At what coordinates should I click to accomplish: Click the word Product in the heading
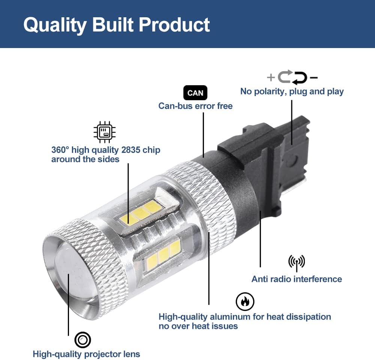tap(174, 24)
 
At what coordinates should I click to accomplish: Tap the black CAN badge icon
tap(195, 93)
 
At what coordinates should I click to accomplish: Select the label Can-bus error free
tap(195, 106)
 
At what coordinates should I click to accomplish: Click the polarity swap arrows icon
tap(292, 77)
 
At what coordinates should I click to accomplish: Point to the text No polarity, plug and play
tap(292, 92)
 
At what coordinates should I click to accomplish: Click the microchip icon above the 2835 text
tap(105, 132)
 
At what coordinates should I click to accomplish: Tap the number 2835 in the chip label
tap(131, 150)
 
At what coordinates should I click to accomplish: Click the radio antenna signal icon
tap(297, 263)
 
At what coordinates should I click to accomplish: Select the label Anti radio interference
tap(297, 279)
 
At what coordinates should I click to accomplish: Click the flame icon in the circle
tap(245, 301)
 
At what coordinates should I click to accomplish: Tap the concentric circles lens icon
tap(82, 340)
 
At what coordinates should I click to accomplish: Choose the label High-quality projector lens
tap(86, 354)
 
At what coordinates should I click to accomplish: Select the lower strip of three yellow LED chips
tap(163, 255)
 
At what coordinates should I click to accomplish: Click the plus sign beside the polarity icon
tap(271, 77)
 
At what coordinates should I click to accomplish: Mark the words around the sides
tap(85, 159)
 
